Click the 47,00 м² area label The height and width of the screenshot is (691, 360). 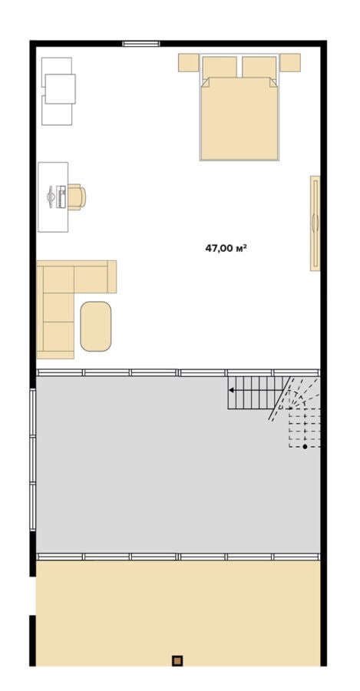225,248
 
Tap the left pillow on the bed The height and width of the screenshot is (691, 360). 220,67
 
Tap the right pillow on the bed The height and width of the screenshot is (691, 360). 259,67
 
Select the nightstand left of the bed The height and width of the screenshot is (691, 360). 189,63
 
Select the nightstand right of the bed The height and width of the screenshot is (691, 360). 290,63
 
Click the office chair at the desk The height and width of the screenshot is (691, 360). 76,197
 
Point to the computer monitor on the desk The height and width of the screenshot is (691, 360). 51,197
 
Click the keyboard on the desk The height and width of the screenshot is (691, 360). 61,197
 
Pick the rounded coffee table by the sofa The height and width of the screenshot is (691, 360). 96,326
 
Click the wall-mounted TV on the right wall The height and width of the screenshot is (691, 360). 315,223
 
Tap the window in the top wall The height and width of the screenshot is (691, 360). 141,44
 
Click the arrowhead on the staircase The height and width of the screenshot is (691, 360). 231,390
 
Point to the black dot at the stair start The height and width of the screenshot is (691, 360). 305,446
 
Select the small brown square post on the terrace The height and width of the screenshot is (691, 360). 177,660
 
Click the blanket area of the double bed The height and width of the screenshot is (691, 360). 239,118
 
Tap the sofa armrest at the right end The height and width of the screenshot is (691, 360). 112,276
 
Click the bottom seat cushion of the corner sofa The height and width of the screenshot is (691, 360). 58,336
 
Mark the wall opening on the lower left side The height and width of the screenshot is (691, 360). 32,595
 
